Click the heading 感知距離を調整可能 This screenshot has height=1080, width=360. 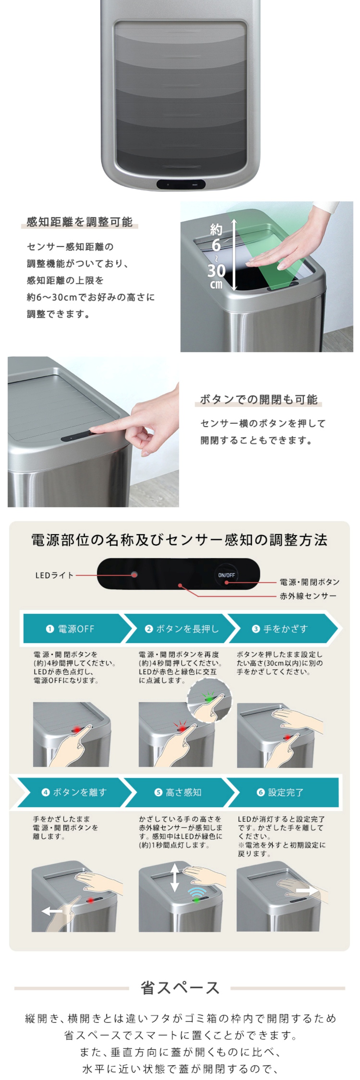click(x=79, y=222)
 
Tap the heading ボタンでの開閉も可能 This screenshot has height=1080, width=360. click(x=258, y=400)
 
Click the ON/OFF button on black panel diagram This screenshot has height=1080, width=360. click(x=226, y=575)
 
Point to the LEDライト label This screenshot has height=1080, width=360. click(x=54, y=575)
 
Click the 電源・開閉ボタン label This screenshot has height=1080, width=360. click(x=309, y=582)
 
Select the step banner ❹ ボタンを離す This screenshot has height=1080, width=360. click(x=74, y=792)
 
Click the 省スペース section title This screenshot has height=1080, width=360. click(x=180, y=988)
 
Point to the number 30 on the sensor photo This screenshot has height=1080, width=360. click(x=216, y=271)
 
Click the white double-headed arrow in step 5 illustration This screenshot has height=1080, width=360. click(x=175, y=877)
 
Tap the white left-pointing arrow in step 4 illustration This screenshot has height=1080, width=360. click(x=52, y=911)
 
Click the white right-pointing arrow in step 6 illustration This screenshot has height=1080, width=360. click(x=306, y=891)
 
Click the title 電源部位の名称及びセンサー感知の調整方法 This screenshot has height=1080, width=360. click(x=179, y=540)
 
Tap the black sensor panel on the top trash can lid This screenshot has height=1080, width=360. click(x=181, y=184)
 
